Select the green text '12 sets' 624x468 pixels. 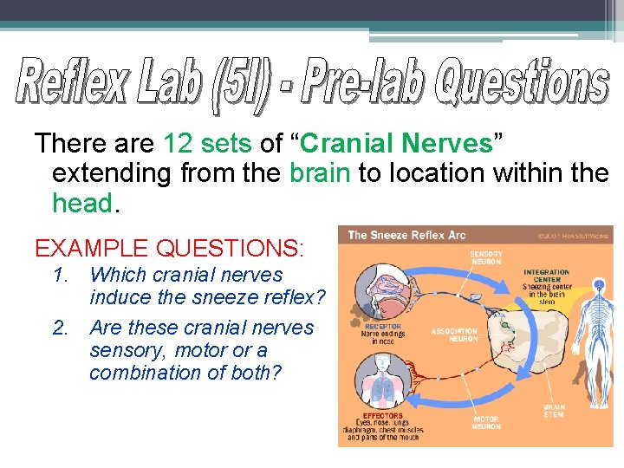[x=201, y=144]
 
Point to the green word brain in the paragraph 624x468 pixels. [x=320, y=173]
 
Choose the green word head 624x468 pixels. [x=83, y=203]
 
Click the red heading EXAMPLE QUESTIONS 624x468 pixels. [x=169, y=249]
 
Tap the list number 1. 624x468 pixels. [x=59, y=276]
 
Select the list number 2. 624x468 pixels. [x=59, y=328]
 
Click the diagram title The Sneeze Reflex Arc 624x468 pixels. [x=406, y=235]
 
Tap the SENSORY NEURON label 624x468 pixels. [x=487, y=257]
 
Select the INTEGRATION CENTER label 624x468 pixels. [x=546, y=276]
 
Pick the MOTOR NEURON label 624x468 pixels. [x=486, y=422]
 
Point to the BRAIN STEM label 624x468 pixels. [x=553, y=410]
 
